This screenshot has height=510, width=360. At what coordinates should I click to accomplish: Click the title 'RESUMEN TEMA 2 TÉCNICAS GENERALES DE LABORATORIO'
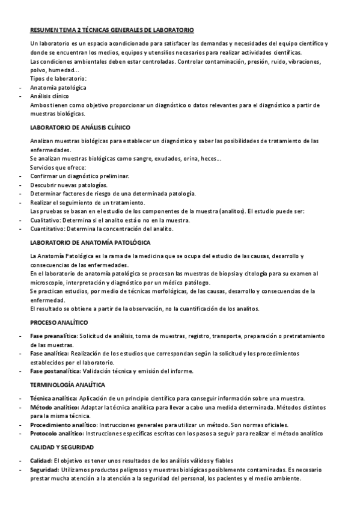[112, 29]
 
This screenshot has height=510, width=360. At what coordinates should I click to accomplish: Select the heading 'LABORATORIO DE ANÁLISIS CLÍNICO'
[80, 128]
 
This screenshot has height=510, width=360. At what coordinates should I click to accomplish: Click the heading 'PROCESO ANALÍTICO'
[59, 322]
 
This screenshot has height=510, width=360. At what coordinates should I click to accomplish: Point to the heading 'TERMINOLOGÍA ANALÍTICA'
[67, 384]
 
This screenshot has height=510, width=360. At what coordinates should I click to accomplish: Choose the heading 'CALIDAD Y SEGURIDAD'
[63, 447]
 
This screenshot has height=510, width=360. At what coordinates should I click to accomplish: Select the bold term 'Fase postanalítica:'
[55, 371]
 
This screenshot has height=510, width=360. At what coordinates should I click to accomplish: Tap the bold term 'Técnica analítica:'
[53, 398]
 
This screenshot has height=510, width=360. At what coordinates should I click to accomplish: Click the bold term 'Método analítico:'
[53, 407]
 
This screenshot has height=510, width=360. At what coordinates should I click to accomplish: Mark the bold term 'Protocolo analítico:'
[57, 434]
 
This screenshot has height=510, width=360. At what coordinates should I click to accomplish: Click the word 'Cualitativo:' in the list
[46, 220]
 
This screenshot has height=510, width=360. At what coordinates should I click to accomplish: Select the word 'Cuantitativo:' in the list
[47, 229]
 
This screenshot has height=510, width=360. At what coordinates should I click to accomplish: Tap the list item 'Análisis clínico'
[49, 96]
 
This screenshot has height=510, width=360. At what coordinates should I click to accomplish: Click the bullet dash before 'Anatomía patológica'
[22, 88]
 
